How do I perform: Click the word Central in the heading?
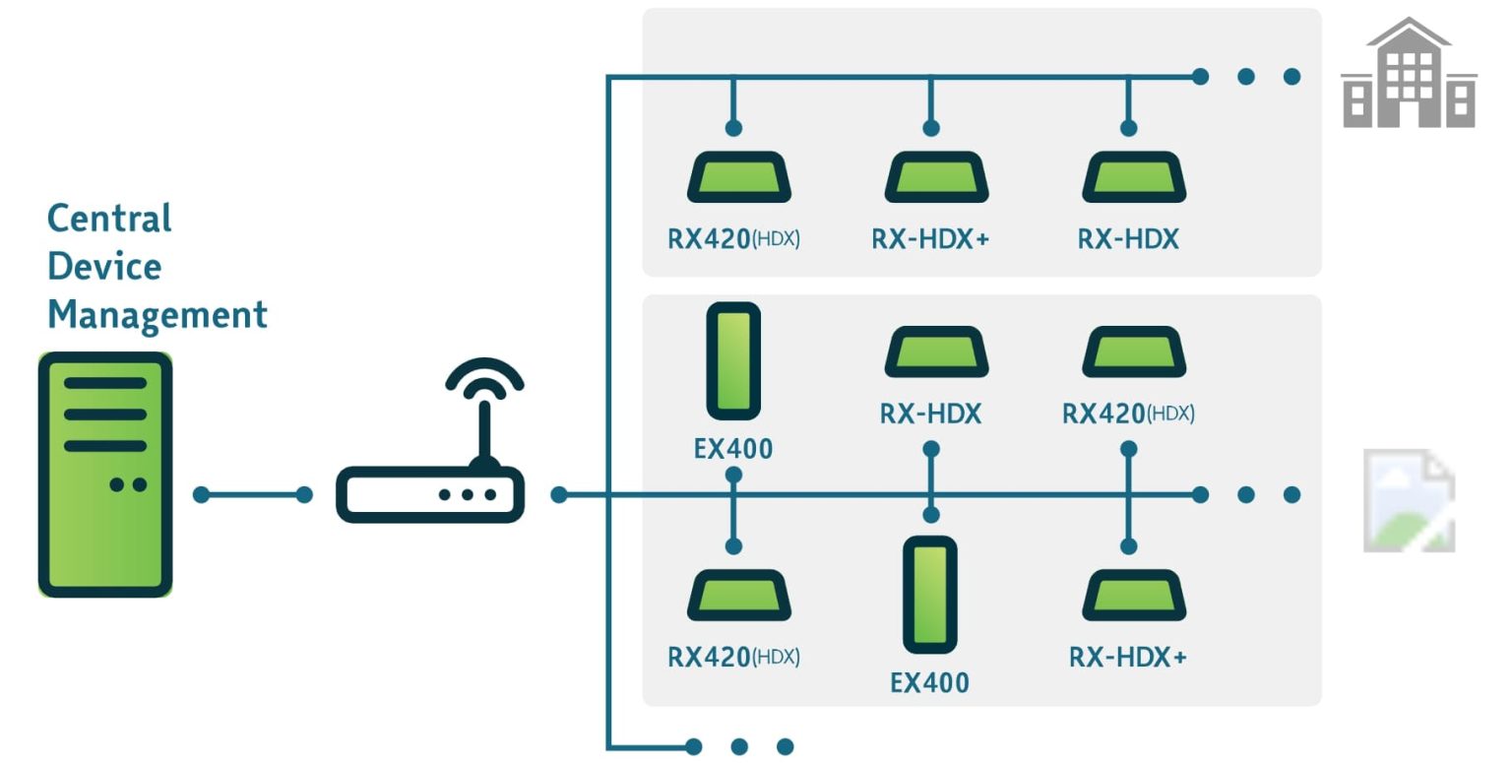(x=109, y=218)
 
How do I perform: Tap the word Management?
(x=157, y=315)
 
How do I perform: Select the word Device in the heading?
(x=103, y=267)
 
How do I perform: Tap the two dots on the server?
(x=128, y=484)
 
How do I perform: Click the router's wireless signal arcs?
(x=484, y=379)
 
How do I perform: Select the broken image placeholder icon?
(x=1409, y=500)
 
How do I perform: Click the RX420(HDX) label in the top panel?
(x=733, y=239)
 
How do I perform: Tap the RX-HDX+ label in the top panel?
(x=930, y=239)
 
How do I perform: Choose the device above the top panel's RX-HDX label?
(x=1133, y=178)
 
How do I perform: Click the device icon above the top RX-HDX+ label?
(x=935, y=178)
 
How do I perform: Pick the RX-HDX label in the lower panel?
(x=930, y=413)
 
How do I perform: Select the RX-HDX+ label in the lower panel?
(x=1128, y=657)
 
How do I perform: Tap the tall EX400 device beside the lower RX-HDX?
(x=929, y=594)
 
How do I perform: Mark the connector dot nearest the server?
(x=202, y=494)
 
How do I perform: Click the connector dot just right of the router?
(x=559, y=494)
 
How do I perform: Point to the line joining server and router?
(x=253, y=494)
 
